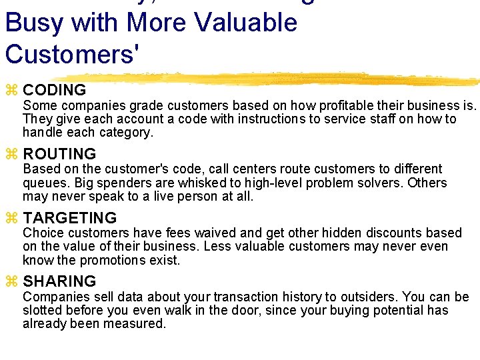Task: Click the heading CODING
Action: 54,90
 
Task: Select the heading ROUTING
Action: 59,154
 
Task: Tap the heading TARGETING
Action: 69,218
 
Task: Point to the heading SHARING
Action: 59,281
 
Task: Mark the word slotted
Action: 42,310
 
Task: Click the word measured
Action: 139,323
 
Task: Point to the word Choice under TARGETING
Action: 41,233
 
